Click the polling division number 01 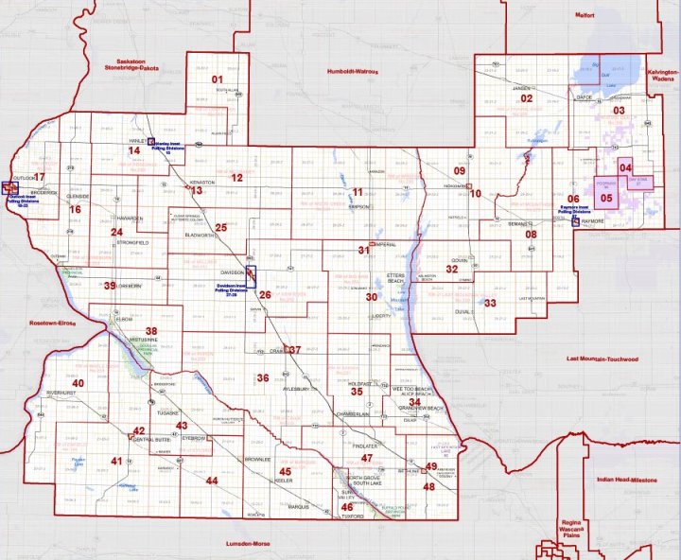click(x=216, y=79)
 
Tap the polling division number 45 click(x=285, y=471)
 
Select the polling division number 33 click(x=489, y=303)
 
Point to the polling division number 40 click(x=78, y=383)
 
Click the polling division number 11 click(x=357, y=192)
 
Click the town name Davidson click(x=232, y=270)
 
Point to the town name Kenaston click(x=204, y=181)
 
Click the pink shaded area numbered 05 click(x=607, y=199)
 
